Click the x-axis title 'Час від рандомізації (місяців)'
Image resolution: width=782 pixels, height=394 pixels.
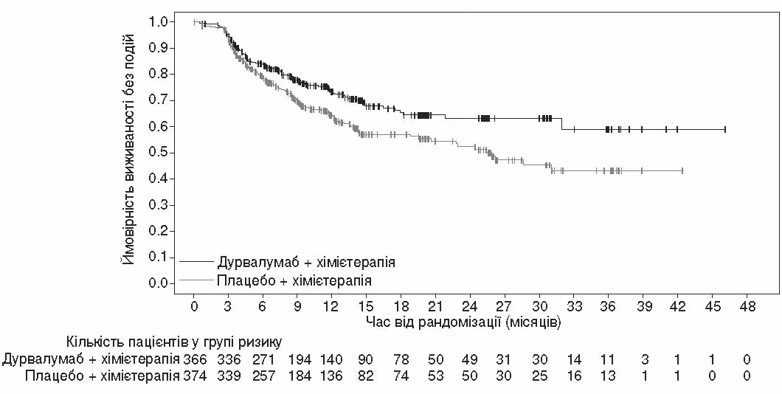(463, 322)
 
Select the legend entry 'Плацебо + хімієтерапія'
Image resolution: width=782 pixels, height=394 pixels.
(294, 281)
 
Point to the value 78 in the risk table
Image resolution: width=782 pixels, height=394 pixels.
(401, 359)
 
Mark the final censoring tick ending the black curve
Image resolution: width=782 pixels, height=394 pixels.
(725, 129)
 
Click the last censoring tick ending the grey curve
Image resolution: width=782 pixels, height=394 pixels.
(682, 170)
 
